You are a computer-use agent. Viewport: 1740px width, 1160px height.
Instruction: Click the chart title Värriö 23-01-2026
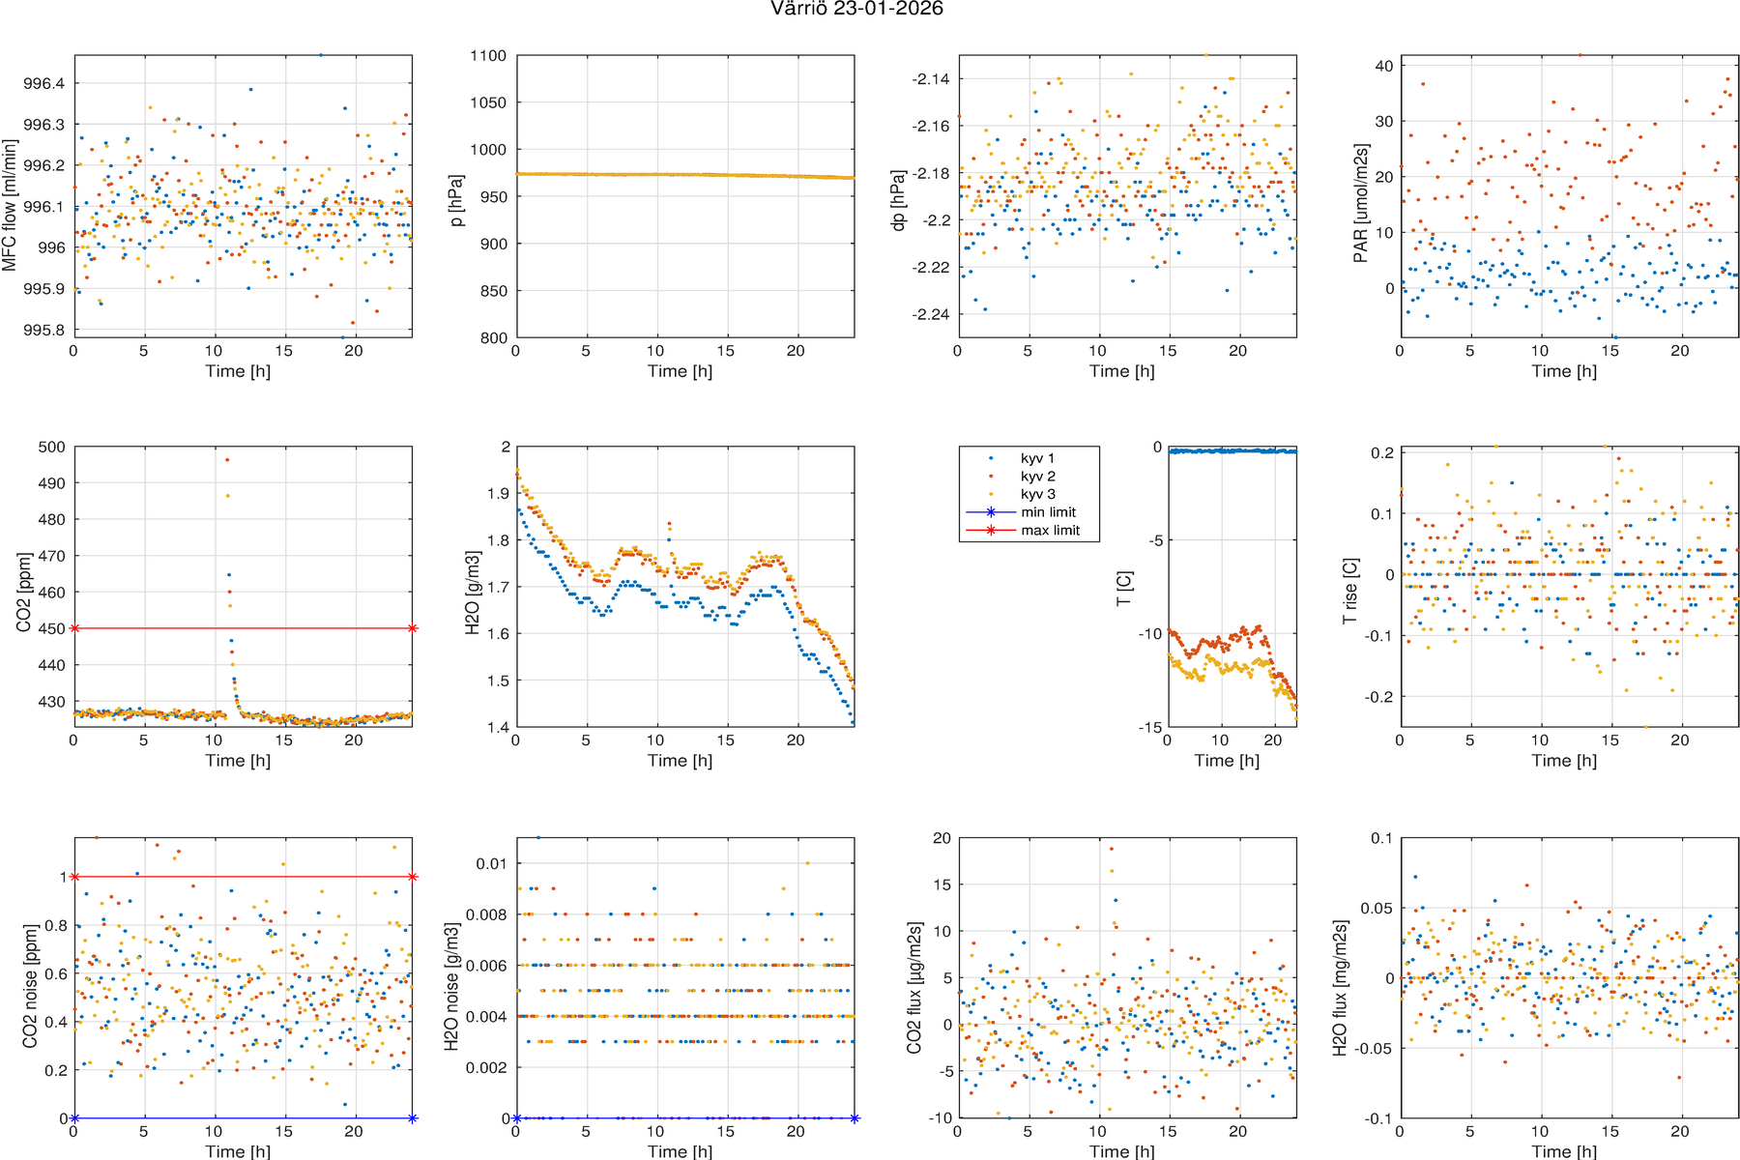click(x=856, y=10)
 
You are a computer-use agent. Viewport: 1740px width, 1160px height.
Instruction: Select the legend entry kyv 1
click(x=1037, y=458)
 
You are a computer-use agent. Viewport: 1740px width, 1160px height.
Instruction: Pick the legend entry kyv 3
click(x=1037, y=494)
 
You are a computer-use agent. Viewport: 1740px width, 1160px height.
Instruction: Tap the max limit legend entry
click(x=1050, y=530)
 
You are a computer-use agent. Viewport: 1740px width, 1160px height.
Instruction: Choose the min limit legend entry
click(x=1048, y=512)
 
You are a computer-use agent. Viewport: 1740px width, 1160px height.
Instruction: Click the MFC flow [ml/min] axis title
click(x=10, y=205)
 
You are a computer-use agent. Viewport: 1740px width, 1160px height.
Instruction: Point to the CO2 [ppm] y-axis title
click(x=23, y=592)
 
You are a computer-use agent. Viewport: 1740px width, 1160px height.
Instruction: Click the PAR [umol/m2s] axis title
click(x=1360, y=203)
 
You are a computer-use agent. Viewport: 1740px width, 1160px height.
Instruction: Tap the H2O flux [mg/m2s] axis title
click(x=1340, y=987)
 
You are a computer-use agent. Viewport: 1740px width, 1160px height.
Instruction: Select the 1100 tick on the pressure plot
click(x=489, y=56)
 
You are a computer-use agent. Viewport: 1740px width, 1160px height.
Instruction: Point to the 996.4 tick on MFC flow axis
click(x=44, y=84)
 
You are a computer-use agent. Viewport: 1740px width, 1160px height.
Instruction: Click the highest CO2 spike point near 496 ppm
click(x=227, y=460)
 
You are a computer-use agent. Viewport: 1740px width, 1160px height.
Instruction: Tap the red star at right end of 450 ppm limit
click(x=413, y=628)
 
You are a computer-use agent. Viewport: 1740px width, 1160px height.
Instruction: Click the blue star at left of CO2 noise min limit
click(x=74, y=1118)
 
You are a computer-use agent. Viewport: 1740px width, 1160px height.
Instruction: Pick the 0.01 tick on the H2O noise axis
click(x=495, y=863)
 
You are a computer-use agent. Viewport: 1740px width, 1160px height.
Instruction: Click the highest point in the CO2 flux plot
click(x=1112, y=849)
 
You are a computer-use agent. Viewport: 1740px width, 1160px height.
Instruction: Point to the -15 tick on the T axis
click(x=1150, y=727)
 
